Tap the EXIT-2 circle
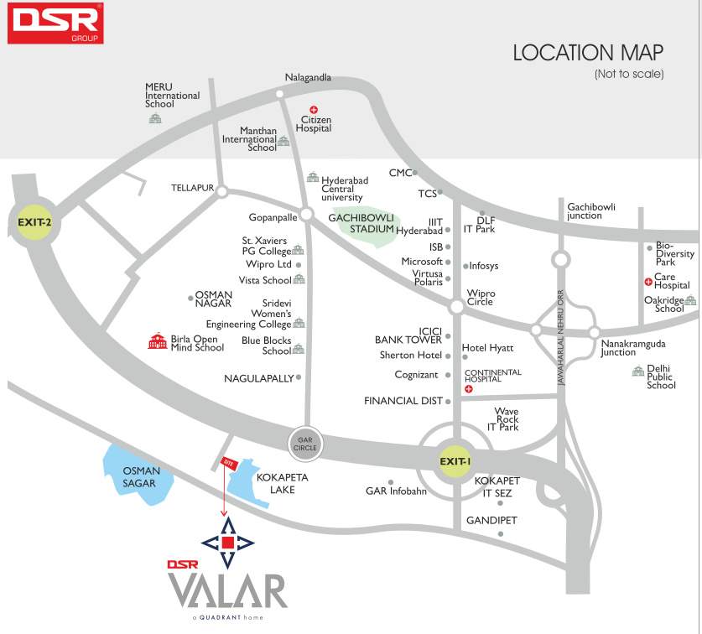point(34,222)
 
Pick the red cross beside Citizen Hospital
point(315,109)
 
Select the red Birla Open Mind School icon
point(157,341)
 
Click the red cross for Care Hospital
point(648,282)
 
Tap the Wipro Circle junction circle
point(455,308)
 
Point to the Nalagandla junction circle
point(279,94)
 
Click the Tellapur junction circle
point(221,191)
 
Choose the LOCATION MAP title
point(588,53)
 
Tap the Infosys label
point(484,266)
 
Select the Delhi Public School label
point(661,377)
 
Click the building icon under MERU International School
point(155,119)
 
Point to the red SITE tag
point(226,462)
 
